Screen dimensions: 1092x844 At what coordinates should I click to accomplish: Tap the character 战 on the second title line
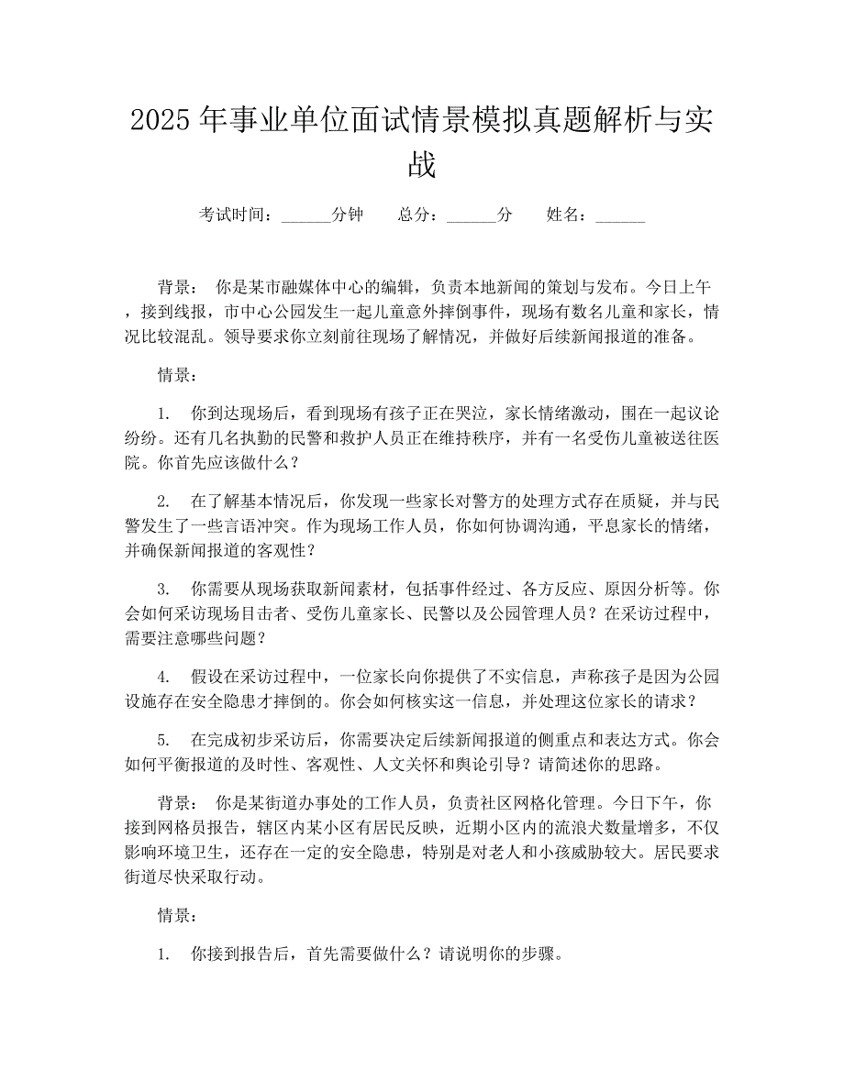click(422, 165)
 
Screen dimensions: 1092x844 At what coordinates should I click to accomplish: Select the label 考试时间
click(233, 215)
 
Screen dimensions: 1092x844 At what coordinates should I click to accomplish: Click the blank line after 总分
click(471, 215)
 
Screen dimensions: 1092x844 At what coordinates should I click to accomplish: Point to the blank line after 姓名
click(620, 215)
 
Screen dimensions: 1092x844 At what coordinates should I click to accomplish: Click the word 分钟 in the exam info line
click(348, 215)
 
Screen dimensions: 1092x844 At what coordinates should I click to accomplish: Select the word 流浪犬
click(516, 828)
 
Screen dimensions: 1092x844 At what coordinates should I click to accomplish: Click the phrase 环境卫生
click(274, 852)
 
